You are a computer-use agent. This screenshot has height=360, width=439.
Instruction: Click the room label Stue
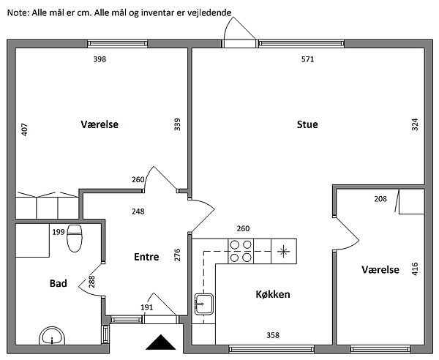(307, 124)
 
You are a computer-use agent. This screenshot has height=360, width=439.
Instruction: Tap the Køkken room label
(273, 295)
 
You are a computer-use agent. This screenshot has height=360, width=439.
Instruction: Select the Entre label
(146, 257)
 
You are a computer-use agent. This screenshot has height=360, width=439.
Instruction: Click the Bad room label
(59, 283)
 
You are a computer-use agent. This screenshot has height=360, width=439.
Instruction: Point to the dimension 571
(307, 60)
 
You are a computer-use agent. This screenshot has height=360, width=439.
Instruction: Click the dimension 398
(100, 60)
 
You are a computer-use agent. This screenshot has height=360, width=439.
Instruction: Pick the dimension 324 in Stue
(415, 124)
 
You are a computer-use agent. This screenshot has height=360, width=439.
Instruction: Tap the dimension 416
(415, 269)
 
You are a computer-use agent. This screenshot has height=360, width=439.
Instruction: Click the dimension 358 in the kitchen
(272, 336)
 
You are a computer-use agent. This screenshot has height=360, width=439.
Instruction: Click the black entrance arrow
(160, 342)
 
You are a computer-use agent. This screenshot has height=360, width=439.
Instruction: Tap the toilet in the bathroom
(75, 239)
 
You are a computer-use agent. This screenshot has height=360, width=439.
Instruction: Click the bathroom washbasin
(51, 335)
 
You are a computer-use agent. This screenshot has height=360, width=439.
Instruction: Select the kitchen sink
(203, 303)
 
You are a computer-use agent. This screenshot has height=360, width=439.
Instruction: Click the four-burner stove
(241, 251)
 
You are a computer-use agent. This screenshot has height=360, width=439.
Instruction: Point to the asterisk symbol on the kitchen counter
(282, 251)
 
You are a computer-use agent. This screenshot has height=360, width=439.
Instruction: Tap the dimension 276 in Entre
(176, 255)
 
